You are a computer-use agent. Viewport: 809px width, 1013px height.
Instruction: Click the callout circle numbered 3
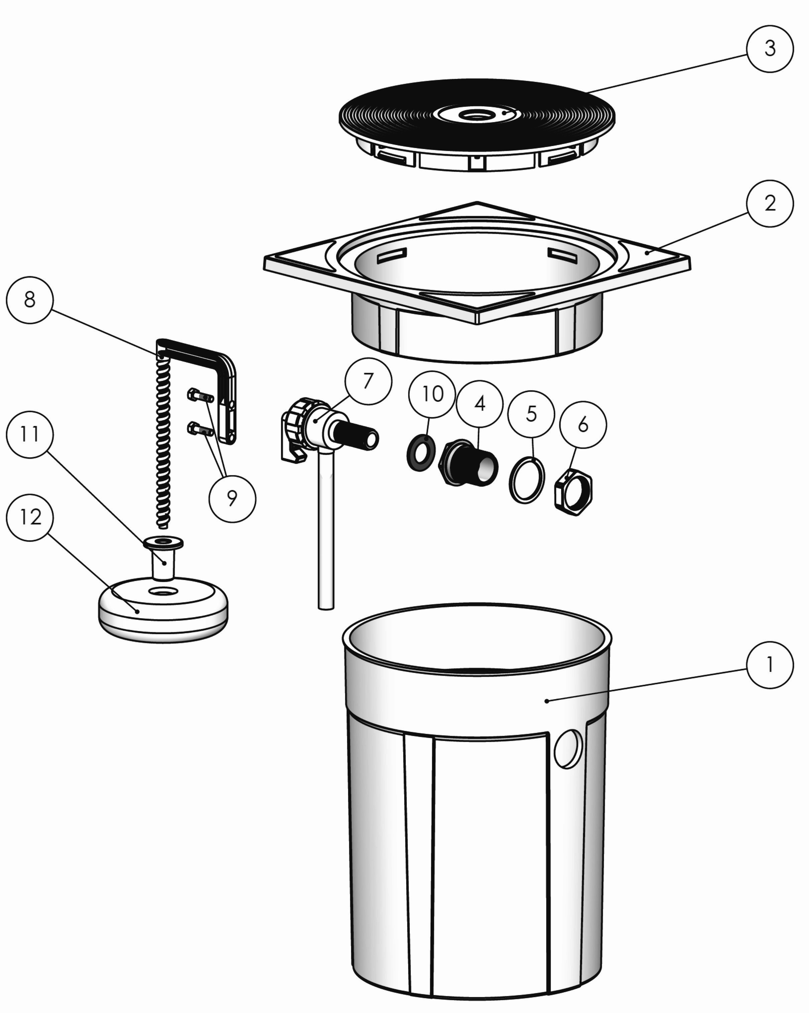[x=770, y=48]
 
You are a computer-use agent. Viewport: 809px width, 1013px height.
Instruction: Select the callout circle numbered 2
[x=770, y=204]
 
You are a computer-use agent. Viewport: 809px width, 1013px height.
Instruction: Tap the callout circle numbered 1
[x=770, y=665]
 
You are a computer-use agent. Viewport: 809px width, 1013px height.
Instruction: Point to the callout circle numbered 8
[x=30, y=300]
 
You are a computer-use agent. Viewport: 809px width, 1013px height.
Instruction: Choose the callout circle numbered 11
[x=30, y=435]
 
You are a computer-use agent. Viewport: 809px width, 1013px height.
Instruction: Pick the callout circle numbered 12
[x=30, y=517]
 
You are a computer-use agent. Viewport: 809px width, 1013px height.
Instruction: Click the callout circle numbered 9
[x=232, y=498]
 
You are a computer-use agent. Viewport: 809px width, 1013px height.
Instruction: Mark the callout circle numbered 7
[x=368, y=381]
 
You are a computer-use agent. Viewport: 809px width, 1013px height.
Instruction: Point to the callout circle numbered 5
[x=531, y=414]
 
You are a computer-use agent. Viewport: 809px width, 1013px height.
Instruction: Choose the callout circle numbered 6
[x=583, y=424]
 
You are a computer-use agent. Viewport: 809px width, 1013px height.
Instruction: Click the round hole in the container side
[x=568, y=749]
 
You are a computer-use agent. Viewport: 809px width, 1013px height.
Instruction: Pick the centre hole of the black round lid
[x=475, y=114]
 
